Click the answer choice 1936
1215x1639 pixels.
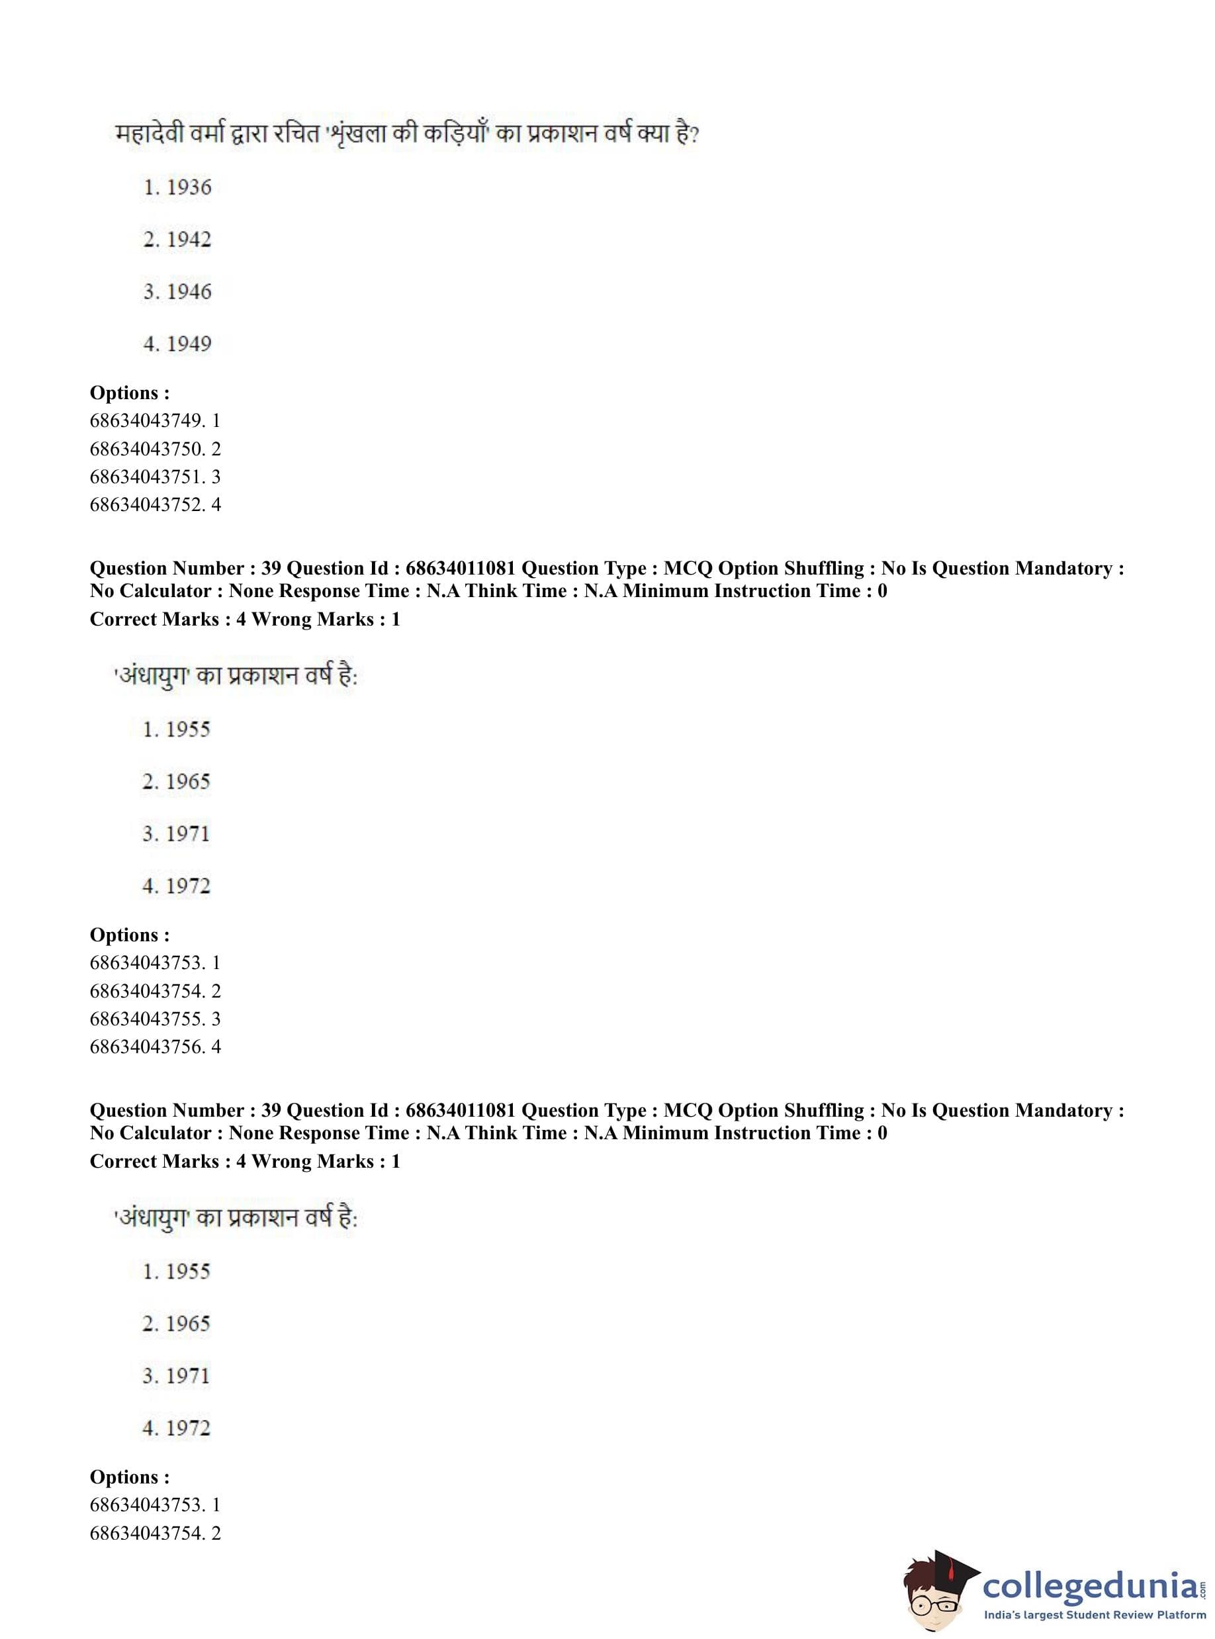(177, 187)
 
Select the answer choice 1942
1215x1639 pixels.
(177, 240)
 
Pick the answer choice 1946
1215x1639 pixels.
(177, 292)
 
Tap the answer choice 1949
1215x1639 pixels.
(177, 344)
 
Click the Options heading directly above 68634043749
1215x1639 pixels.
(130, 393)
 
